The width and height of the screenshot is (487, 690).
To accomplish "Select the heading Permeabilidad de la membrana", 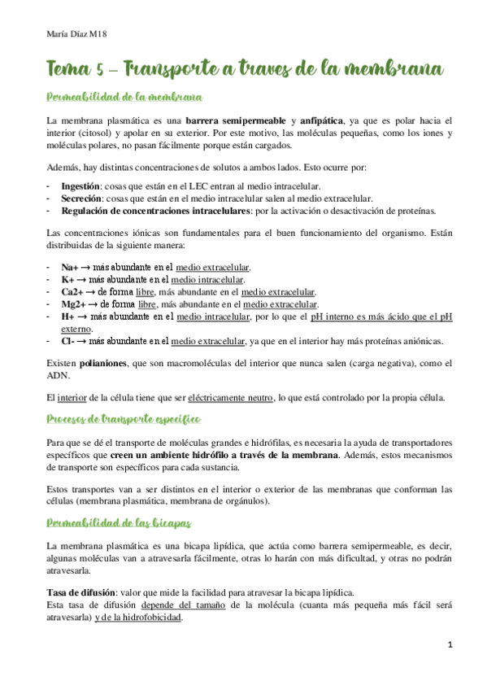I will (124, 98).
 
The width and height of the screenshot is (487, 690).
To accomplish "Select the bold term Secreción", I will (81, 198).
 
